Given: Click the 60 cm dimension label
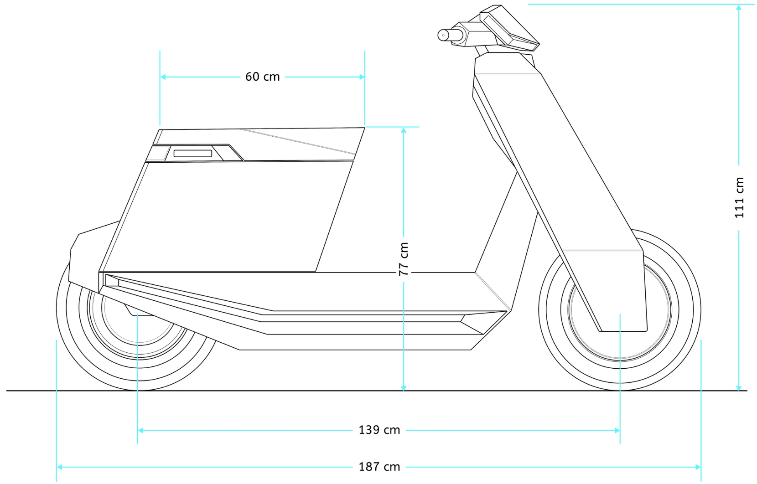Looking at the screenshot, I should click(x=262, y=77).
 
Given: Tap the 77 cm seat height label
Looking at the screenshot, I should click(x=404, y=259).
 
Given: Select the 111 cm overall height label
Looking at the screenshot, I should click(x=739, y=197).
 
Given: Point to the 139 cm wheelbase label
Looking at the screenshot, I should click(x=379, y=430).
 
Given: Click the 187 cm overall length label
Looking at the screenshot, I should click(x=379, y=467).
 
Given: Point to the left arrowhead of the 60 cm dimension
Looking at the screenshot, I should click(x=163, y=77).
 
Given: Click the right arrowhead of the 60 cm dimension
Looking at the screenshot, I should click(x=362, y=77).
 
